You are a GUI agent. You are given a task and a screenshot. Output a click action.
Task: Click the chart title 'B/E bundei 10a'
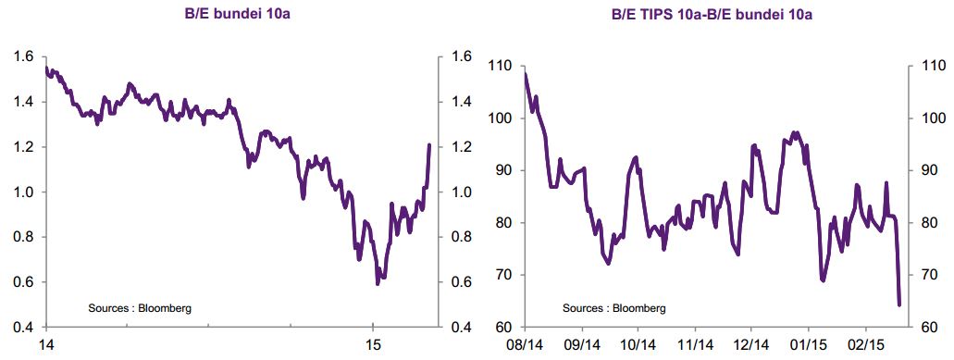(237, 14)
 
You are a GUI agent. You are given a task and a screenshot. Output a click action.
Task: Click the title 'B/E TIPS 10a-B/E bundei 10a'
(712, 14)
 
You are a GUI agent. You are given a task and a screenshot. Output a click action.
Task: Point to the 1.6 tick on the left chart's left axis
(26, 56)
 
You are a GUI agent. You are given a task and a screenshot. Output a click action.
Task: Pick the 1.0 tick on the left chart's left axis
(26, 192)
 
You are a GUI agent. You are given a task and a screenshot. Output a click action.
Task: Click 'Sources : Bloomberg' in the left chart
(140, 308)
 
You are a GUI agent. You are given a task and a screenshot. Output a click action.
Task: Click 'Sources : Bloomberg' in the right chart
(613, 308)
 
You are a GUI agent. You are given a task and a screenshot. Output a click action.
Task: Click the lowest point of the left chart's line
(378, 283)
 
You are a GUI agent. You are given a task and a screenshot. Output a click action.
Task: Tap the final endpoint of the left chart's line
(429, 144)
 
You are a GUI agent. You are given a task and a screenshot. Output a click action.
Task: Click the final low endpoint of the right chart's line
(899, 304)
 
